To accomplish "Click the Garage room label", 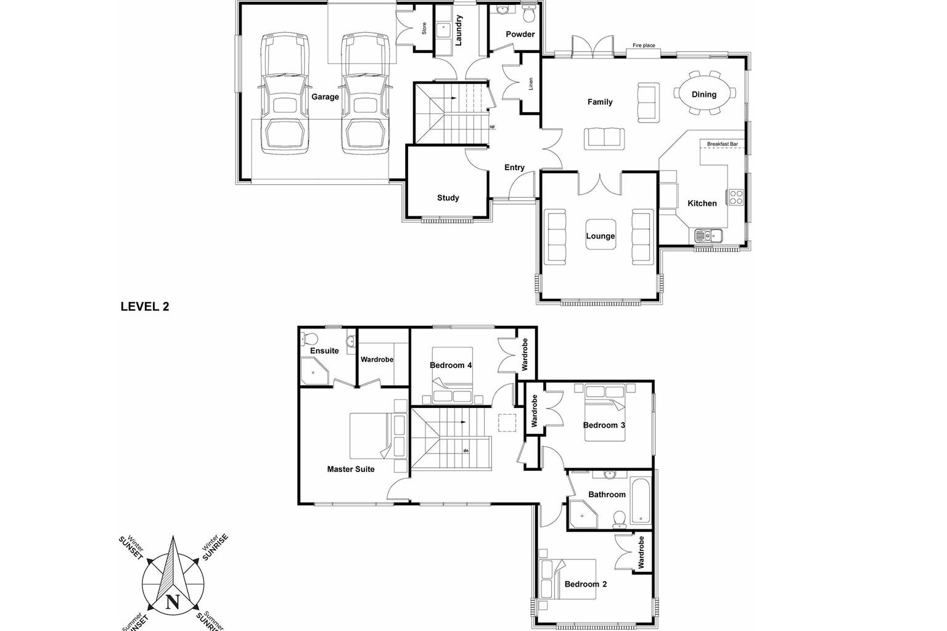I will pos(325,97).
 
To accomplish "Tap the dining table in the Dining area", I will pos(704,94).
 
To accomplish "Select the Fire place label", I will pos(644,46).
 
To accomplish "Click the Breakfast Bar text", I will pos(722,144).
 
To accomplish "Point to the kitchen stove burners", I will pos(736,197).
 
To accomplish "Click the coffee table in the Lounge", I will pos(601,234).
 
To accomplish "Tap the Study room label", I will pos(448,198).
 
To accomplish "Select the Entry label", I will pos(514,168).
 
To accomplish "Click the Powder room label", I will pos(520,35).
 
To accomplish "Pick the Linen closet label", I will pos(531,84).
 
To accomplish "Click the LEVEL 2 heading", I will pos(145,307).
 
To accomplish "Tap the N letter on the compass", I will pos(173,602).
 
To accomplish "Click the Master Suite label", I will pos(351,469).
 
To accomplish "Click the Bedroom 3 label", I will pos(604,425).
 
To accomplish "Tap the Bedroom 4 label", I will pos(451,365).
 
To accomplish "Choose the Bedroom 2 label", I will pos(586,584).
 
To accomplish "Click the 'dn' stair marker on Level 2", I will pos(465,450).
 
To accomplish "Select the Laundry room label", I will pos(459,30).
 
